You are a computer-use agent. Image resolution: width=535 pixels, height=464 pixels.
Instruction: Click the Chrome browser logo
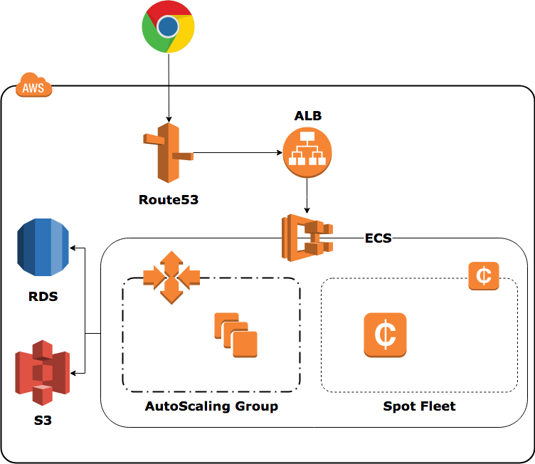pos(168,27)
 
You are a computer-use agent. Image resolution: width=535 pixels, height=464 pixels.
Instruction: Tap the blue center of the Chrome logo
pos(168,27)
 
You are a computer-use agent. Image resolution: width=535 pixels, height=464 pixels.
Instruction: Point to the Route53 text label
pos(168,200)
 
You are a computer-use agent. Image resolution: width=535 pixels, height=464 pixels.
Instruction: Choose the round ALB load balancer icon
pos(307,152)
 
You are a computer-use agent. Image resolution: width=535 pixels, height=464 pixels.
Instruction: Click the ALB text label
pos(308,115)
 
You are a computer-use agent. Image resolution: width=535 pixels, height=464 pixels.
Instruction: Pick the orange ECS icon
pos(308,236)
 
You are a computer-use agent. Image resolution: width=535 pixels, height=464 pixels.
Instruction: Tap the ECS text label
pos(378,238)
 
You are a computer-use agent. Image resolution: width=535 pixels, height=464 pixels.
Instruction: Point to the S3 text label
pos(43,421)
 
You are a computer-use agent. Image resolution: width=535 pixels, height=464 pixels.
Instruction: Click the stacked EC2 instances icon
pos(235,334)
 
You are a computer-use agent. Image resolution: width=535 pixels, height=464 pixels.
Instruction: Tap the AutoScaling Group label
pos(211,406)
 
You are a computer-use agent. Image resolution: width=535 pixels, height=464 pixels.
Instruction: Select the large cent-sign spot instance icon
pos(385,334)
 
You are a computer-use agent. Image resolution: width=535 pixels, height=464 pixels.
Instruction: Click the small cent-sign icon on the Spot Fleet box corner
pos(484,275)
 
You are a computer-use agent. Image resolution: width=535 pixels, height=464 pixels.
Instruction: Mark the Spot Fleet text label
pos(419,406)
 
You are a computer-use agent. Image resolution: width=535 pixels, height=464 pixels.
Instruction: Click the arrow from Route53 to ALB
pos(235,152)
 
